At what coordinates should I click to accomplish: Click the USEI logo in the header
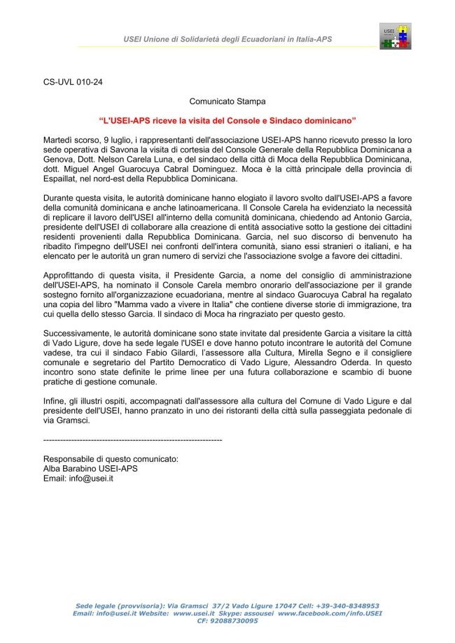pyautogui.click(x=395, y=36)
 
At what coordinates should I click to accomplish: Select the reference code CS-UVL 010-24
pyautogui.click(x=73, y=81)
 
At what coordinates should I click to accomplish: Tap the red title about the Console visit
pyautogui.click(x=227, y=120)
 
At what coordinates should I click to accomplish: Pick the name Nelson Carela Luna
pyautogui.click(x=115, y=160)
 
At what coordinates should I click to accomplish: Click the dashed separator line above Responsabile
pyautogui.click(x=132, y=439)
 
